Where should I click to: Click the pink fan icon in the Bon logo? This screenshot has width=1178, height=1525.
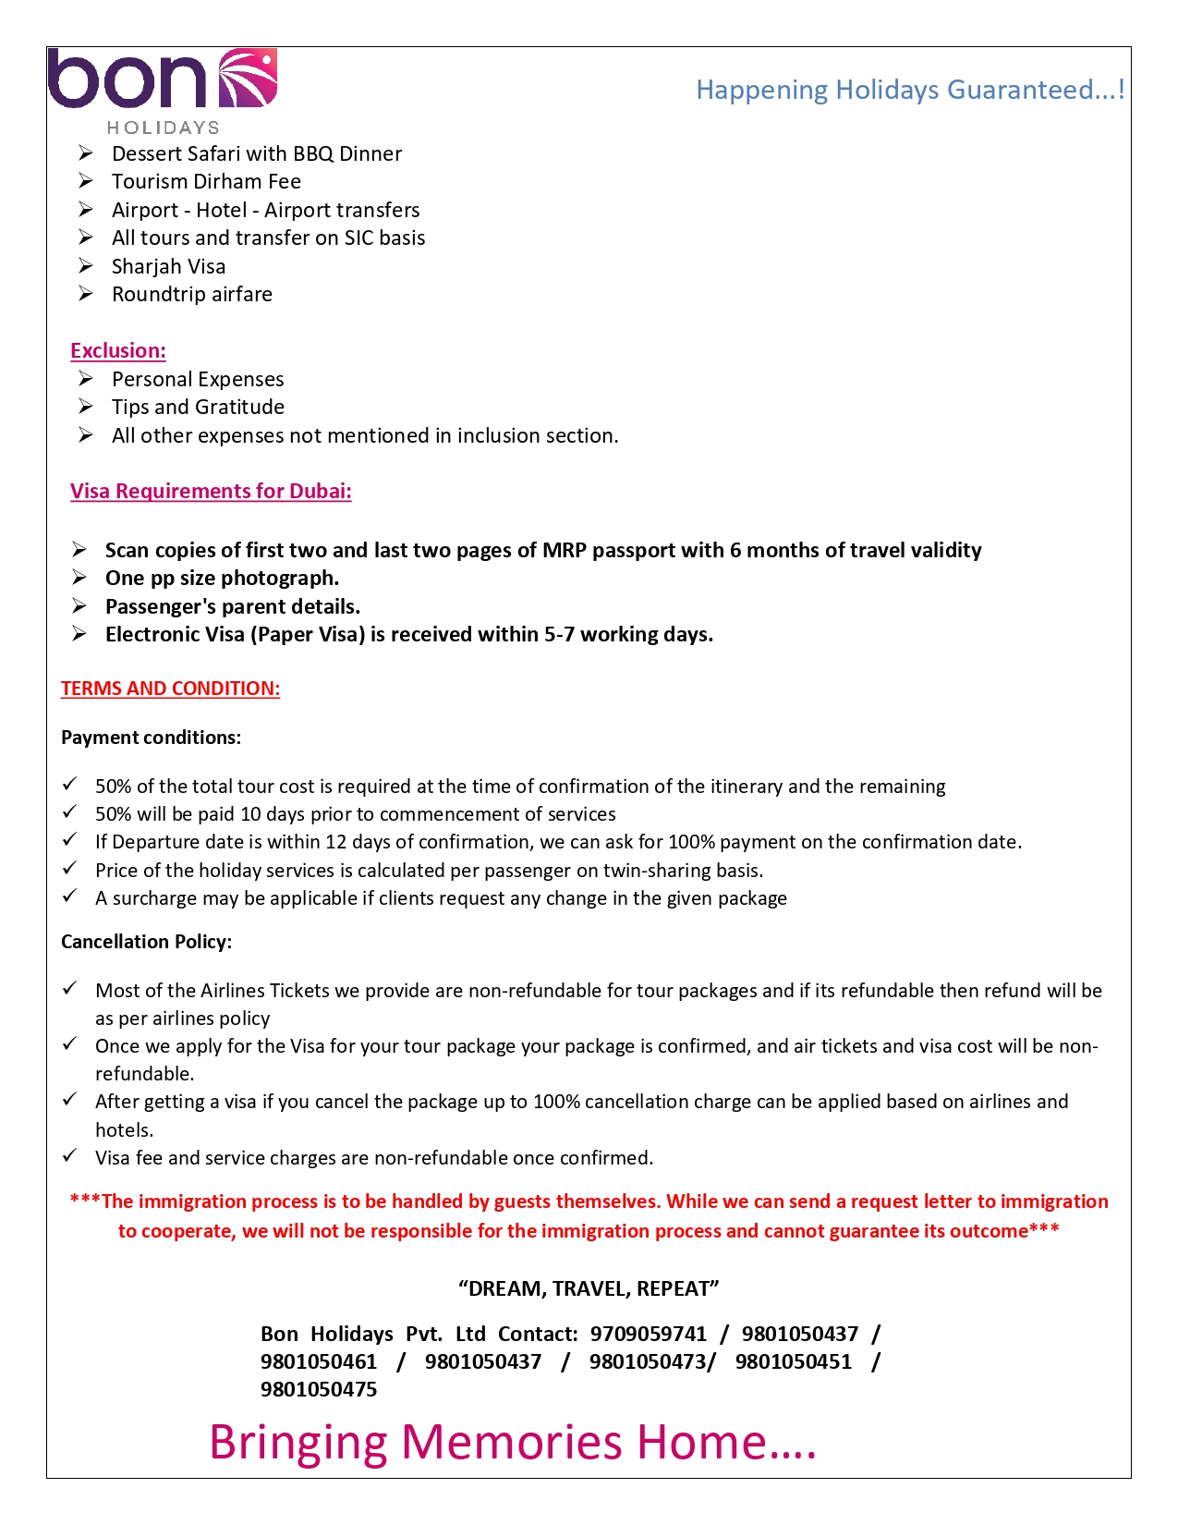(x=247, y=78)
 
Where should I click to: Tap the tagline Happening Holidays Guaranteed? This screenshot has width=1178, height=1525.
(x=909, y=90)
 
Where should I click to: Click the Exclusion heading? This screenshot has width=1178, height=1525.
(x=118, y=350)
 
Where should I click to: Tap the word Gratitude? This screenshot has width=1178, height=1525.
(x=239, y=407)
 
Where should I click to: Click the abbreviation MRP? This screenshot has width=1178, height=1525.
(x=564, y=550)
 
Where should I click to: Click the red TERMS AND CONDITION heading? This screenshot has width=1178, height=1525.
(x=170, y=689)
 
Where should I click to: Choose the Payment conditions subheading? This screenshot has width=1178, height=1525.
(x=151, y=738)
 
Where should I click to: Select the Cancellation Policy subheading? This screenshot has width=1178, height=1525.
(x=146, y=942)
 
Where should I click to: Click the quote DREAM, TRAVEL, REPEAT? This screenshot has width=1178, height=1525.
(x=589, y=1288)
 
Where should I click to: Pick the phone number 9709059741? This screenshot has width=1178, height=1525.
(x=648, y=1334)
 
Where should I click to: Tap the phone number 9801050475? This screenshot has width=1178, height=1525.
(x=319, y=1389)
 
